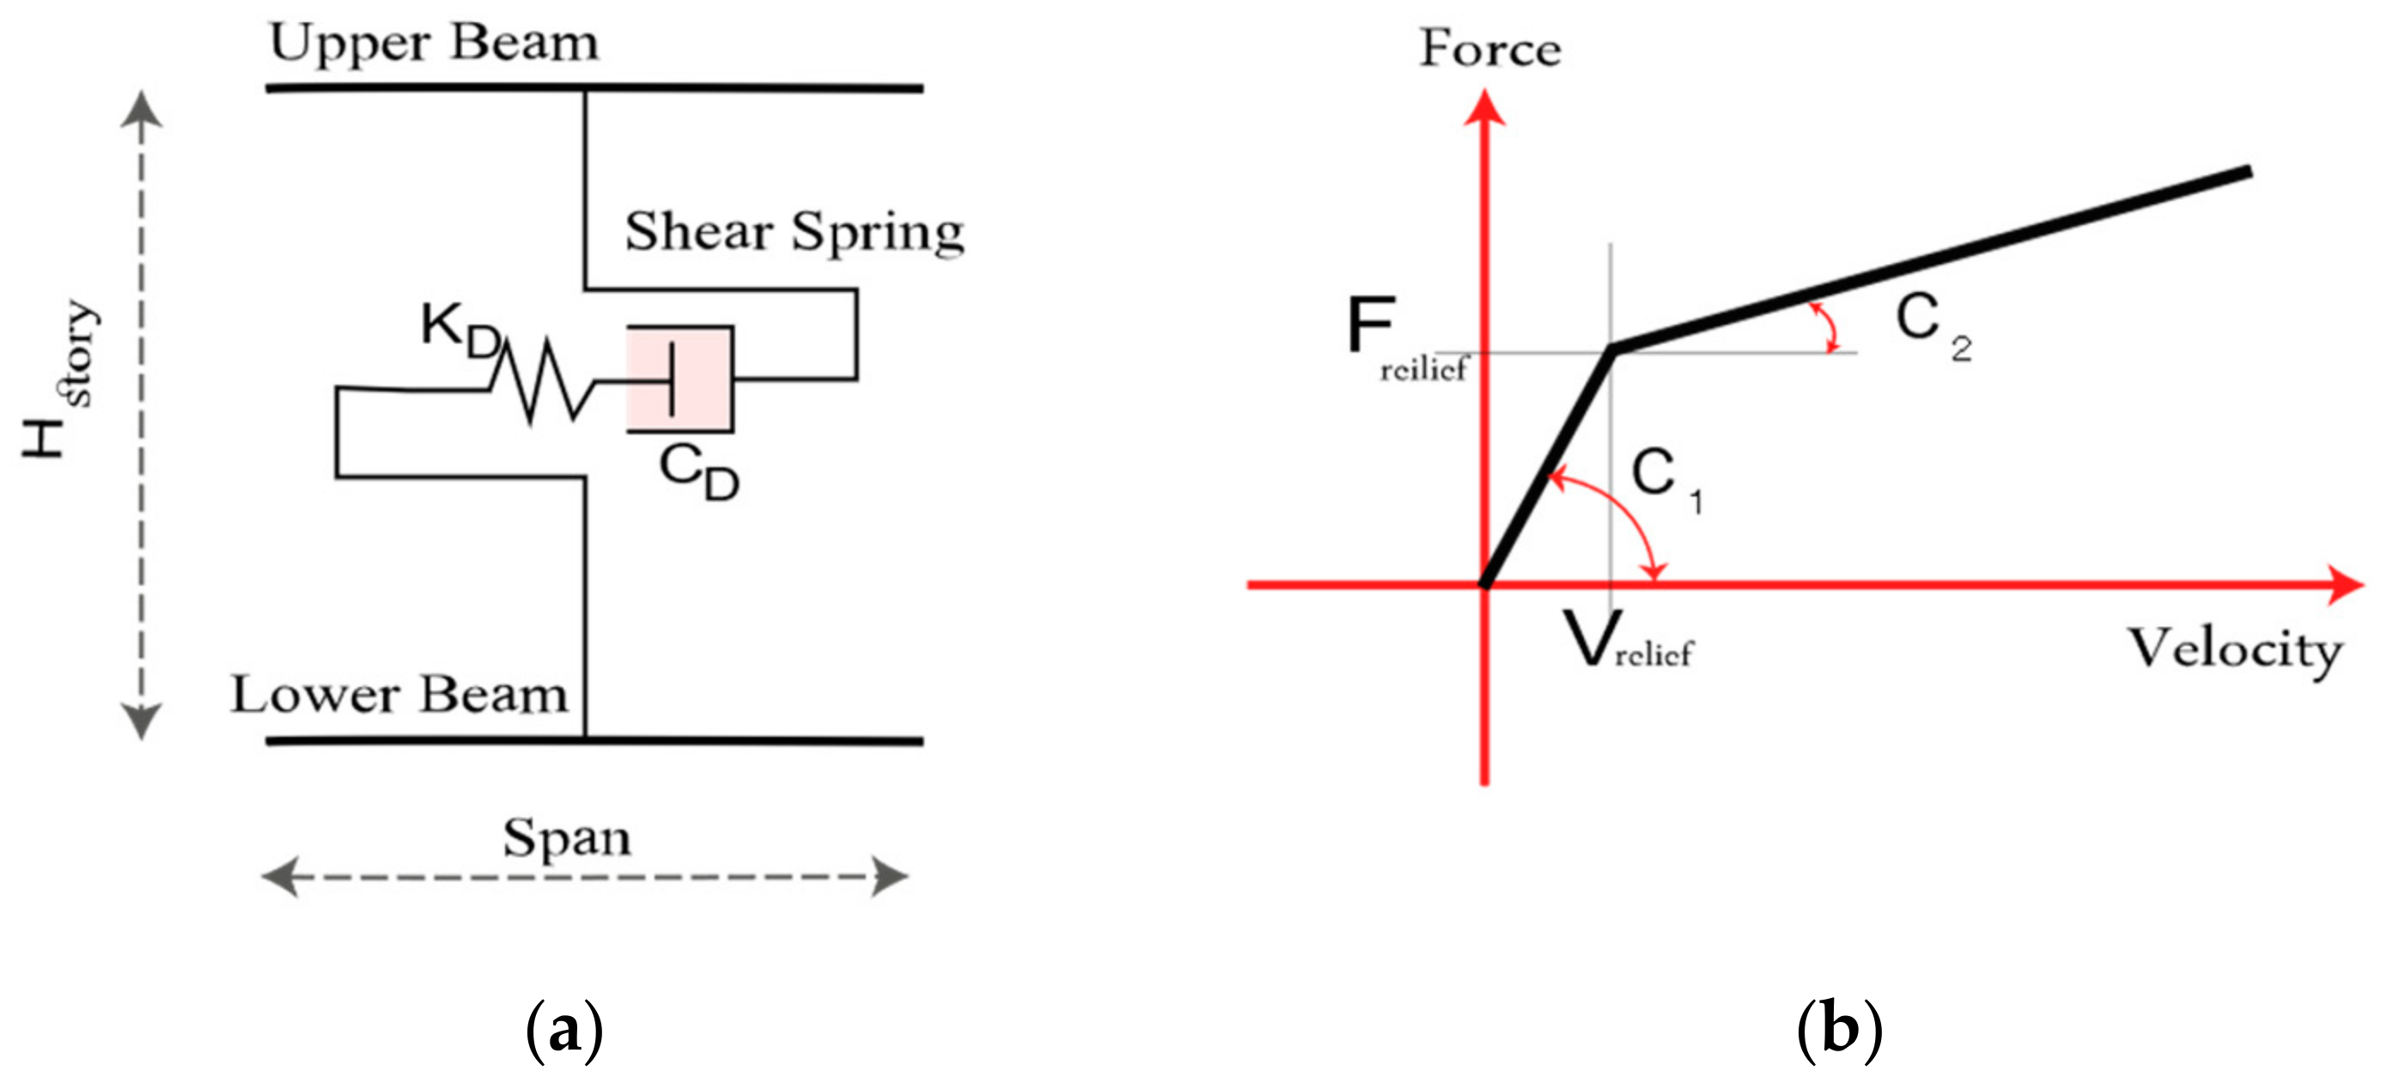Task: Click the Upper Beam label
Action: point(434,44)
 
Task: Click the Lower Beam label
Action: point(399,694)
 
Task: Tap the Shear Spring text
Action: point(794,231)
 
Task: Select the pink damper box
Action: point(680,379)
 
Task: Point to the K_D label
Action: point(460,331)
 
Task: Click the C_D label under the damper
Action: point(697,472)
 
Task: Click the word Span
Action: point(567,838)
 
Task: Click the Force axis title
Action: point(1489,48)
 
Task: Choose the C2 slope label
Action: point(1932,324)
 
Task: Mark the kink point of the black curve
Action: point(1613,349)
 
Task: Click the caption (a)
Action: point(563,1029)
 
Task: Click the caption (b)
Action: point(1838,1029)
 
